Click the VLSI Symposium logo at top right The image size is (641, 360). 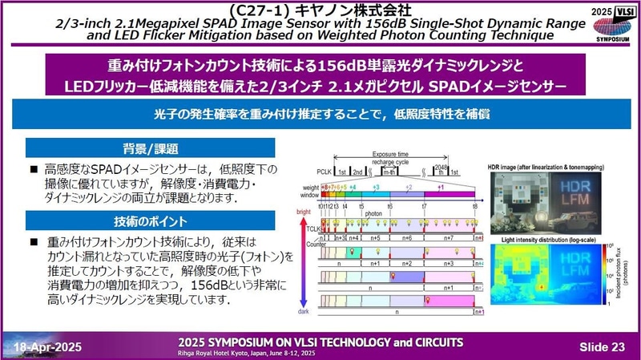[614, 22]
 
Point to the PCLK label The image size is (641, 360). [327, 172]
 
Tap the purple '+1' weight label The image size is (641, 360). [440, 186]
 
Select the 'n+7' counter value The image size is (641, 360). [448, 238]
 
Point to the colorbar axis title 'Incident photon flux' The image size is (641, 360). [628, 273]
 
